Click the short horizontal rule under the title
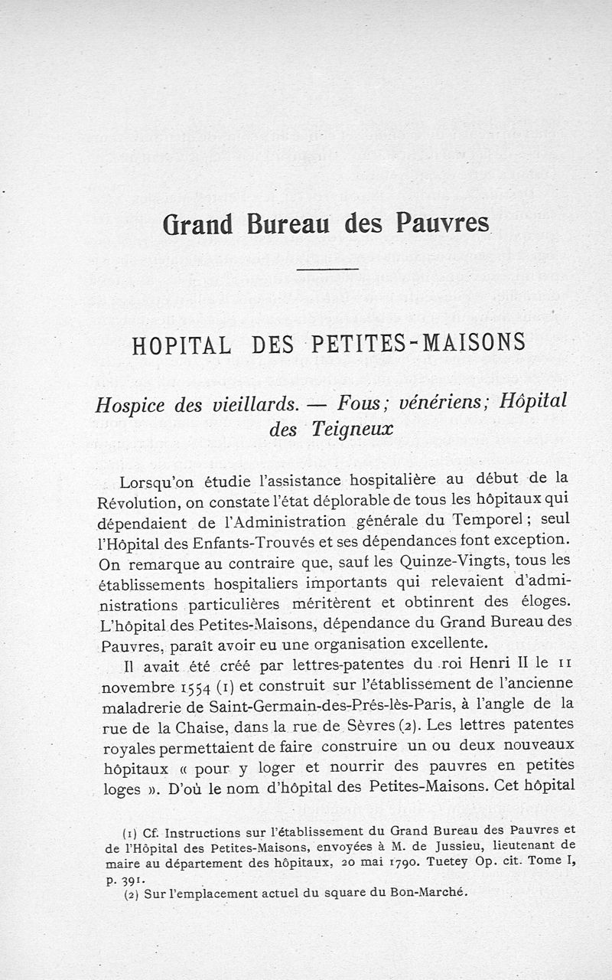[x=327, y=269]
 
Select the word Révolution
[x=139, y=502]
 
